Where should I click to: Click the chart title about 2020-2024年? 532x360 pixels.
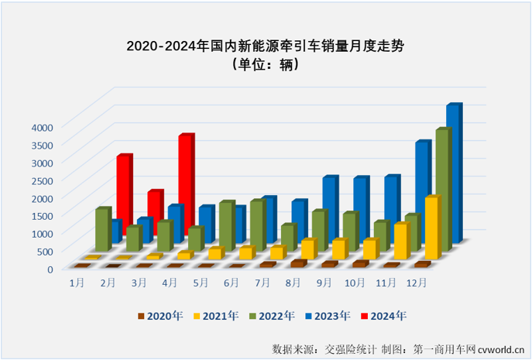click(x=266, y=46)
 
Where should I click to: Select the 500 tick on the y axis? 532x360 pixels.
click(x=45, y=251)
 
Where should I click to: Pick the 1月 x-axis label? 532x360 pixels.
click(x=77, y=284)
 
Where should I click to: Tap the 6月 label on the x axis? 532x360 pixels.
click(x=231, y=284)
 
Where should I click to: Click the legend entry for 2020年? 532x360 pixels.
click(x=158, y=316)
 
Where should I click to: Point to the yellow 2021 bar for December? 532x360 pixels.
click(x=431, y=228)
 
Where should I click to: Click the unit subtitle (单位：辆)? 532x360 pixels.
click(x=266, y=65)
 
